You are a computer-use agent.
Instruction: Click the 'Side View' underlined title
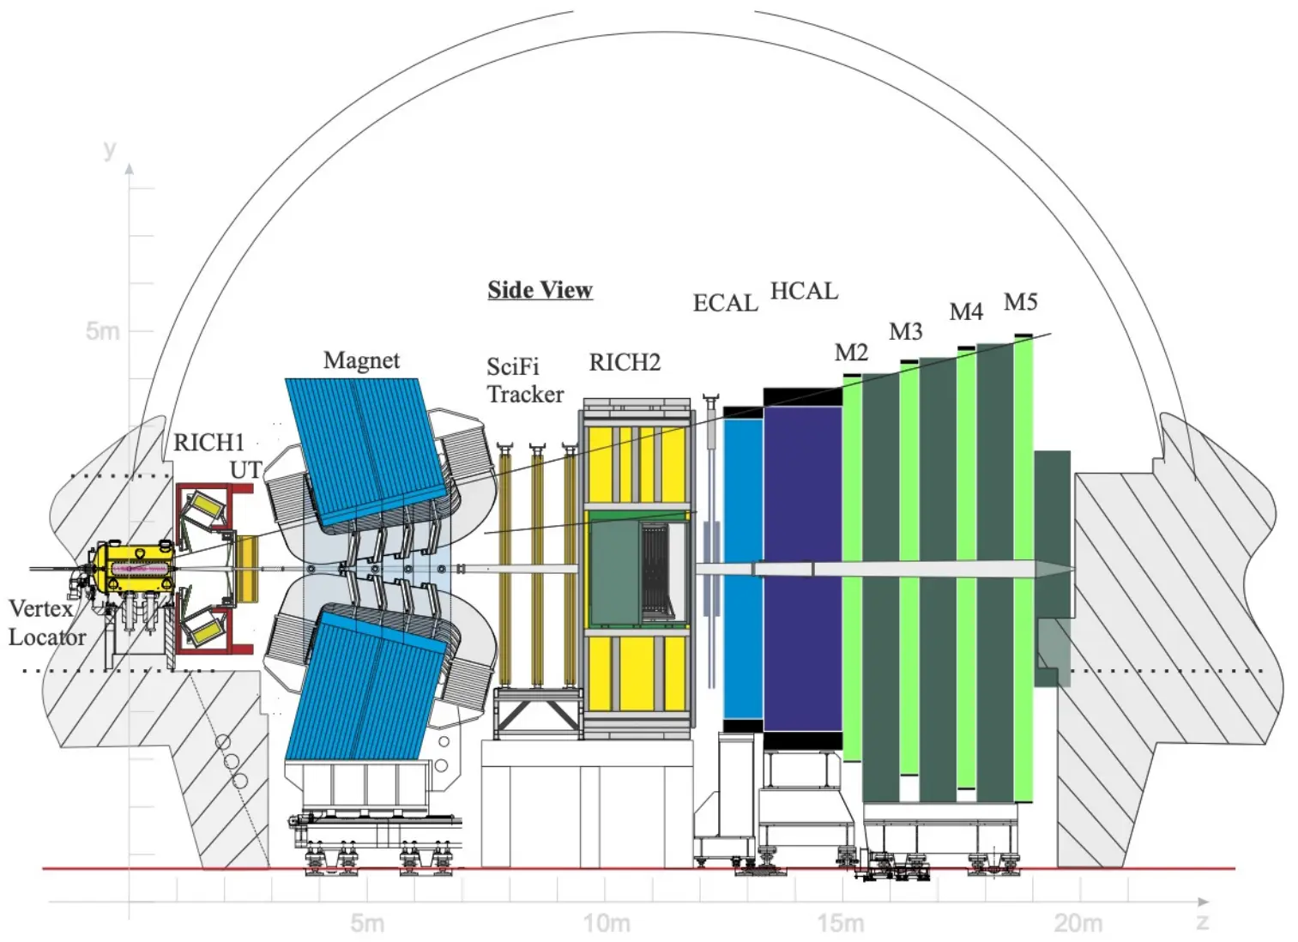click(540, 290)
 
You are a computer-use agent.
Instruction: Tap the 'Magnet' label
click(361, 360)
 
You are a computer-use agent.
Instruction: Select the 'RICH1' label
click(208, 443)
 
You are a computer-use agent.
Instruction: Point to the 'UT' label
click(245, 470)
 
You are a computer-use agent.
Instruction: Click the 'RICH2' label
click(625, 363)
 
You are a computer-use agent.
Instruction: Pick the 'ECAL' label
click(725, 304)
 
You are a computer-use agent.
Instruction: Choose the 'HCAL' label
click(804, 292)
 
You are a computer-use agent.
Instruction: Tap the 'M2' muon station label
click(851, 353)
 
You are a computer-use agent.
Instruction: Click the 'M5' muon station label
click(1020, 302)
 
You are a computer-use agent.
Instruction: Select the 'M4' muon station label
click(965, 312)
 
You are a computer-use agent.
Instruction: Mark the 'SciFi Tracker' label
click(525, 381)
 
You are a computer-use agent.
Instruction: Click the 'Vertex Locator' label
click(46, 623)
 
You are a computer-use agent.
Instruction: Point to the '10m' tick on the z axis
click(607, 924)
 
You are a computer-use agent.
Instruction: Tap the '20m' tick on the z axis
click(1078, 924)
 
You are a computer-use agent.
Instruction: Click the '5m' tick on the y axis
click(102, 331)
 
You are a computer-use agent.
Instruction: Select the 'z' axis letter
click(1202, 922)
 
